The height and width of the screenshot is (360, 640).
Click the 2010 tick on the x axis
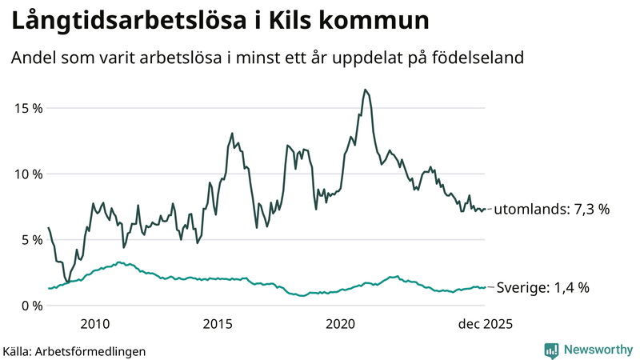pyautogui.click(x=94, y=323)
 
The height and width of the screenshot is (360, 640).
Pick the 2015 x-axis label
pyautogui.click(x=218, y=323)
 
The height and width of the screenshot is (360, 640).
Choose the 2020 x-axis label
pyautogui.click(x=341, y=323)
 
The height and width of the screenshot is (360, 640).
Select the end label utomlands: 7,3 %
pyautogui.click(x=551, y=210)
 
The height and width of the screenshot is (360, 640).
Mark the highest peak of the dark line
pyautogui.click(x=365, y=90)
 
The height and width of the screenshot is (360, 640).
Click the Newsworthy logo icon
pyautogui.click(x=551, y=350)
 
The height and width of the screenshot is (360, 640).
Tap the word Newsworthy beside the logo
pyautogui.click(x=598, y=350)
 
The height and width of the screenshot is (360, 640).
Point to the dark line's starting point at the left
pyautogui.click(x=48, y=228)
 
